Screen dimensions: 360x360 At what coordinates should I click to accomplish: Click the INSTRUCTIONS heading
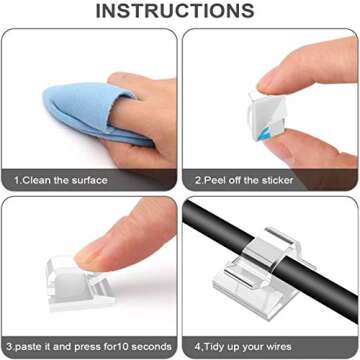click(175, 11)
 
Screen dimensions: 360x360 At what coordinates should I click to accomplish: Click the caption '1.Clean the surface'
click(61, 180)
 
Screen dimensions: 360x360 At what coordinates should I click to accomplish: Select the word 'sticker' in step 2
click(277, 180)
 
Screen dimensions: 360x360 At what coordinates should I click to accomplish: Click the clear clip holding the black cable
click(264, 273)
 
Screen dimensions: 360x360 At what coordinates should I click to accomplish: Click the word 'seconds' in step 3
click(156, 347)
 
